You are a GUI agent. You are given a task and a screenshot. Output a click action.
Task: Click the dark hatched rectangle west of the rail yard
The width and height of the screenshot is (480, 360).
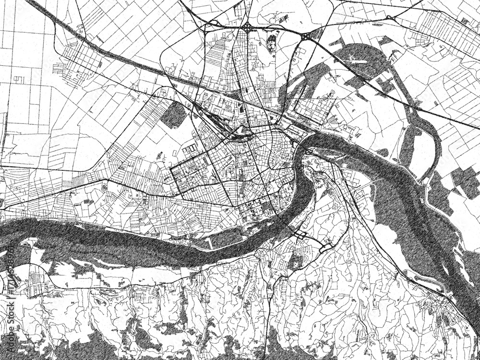click(174, 115)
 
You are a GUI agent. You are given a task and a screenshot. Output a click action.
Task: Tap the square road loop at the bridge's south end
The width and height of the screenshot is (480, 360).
click(300, 236)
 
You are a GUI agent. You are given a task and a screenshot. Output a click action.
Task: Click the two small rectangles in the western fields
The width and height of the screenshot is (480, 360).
click(18, 79)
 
